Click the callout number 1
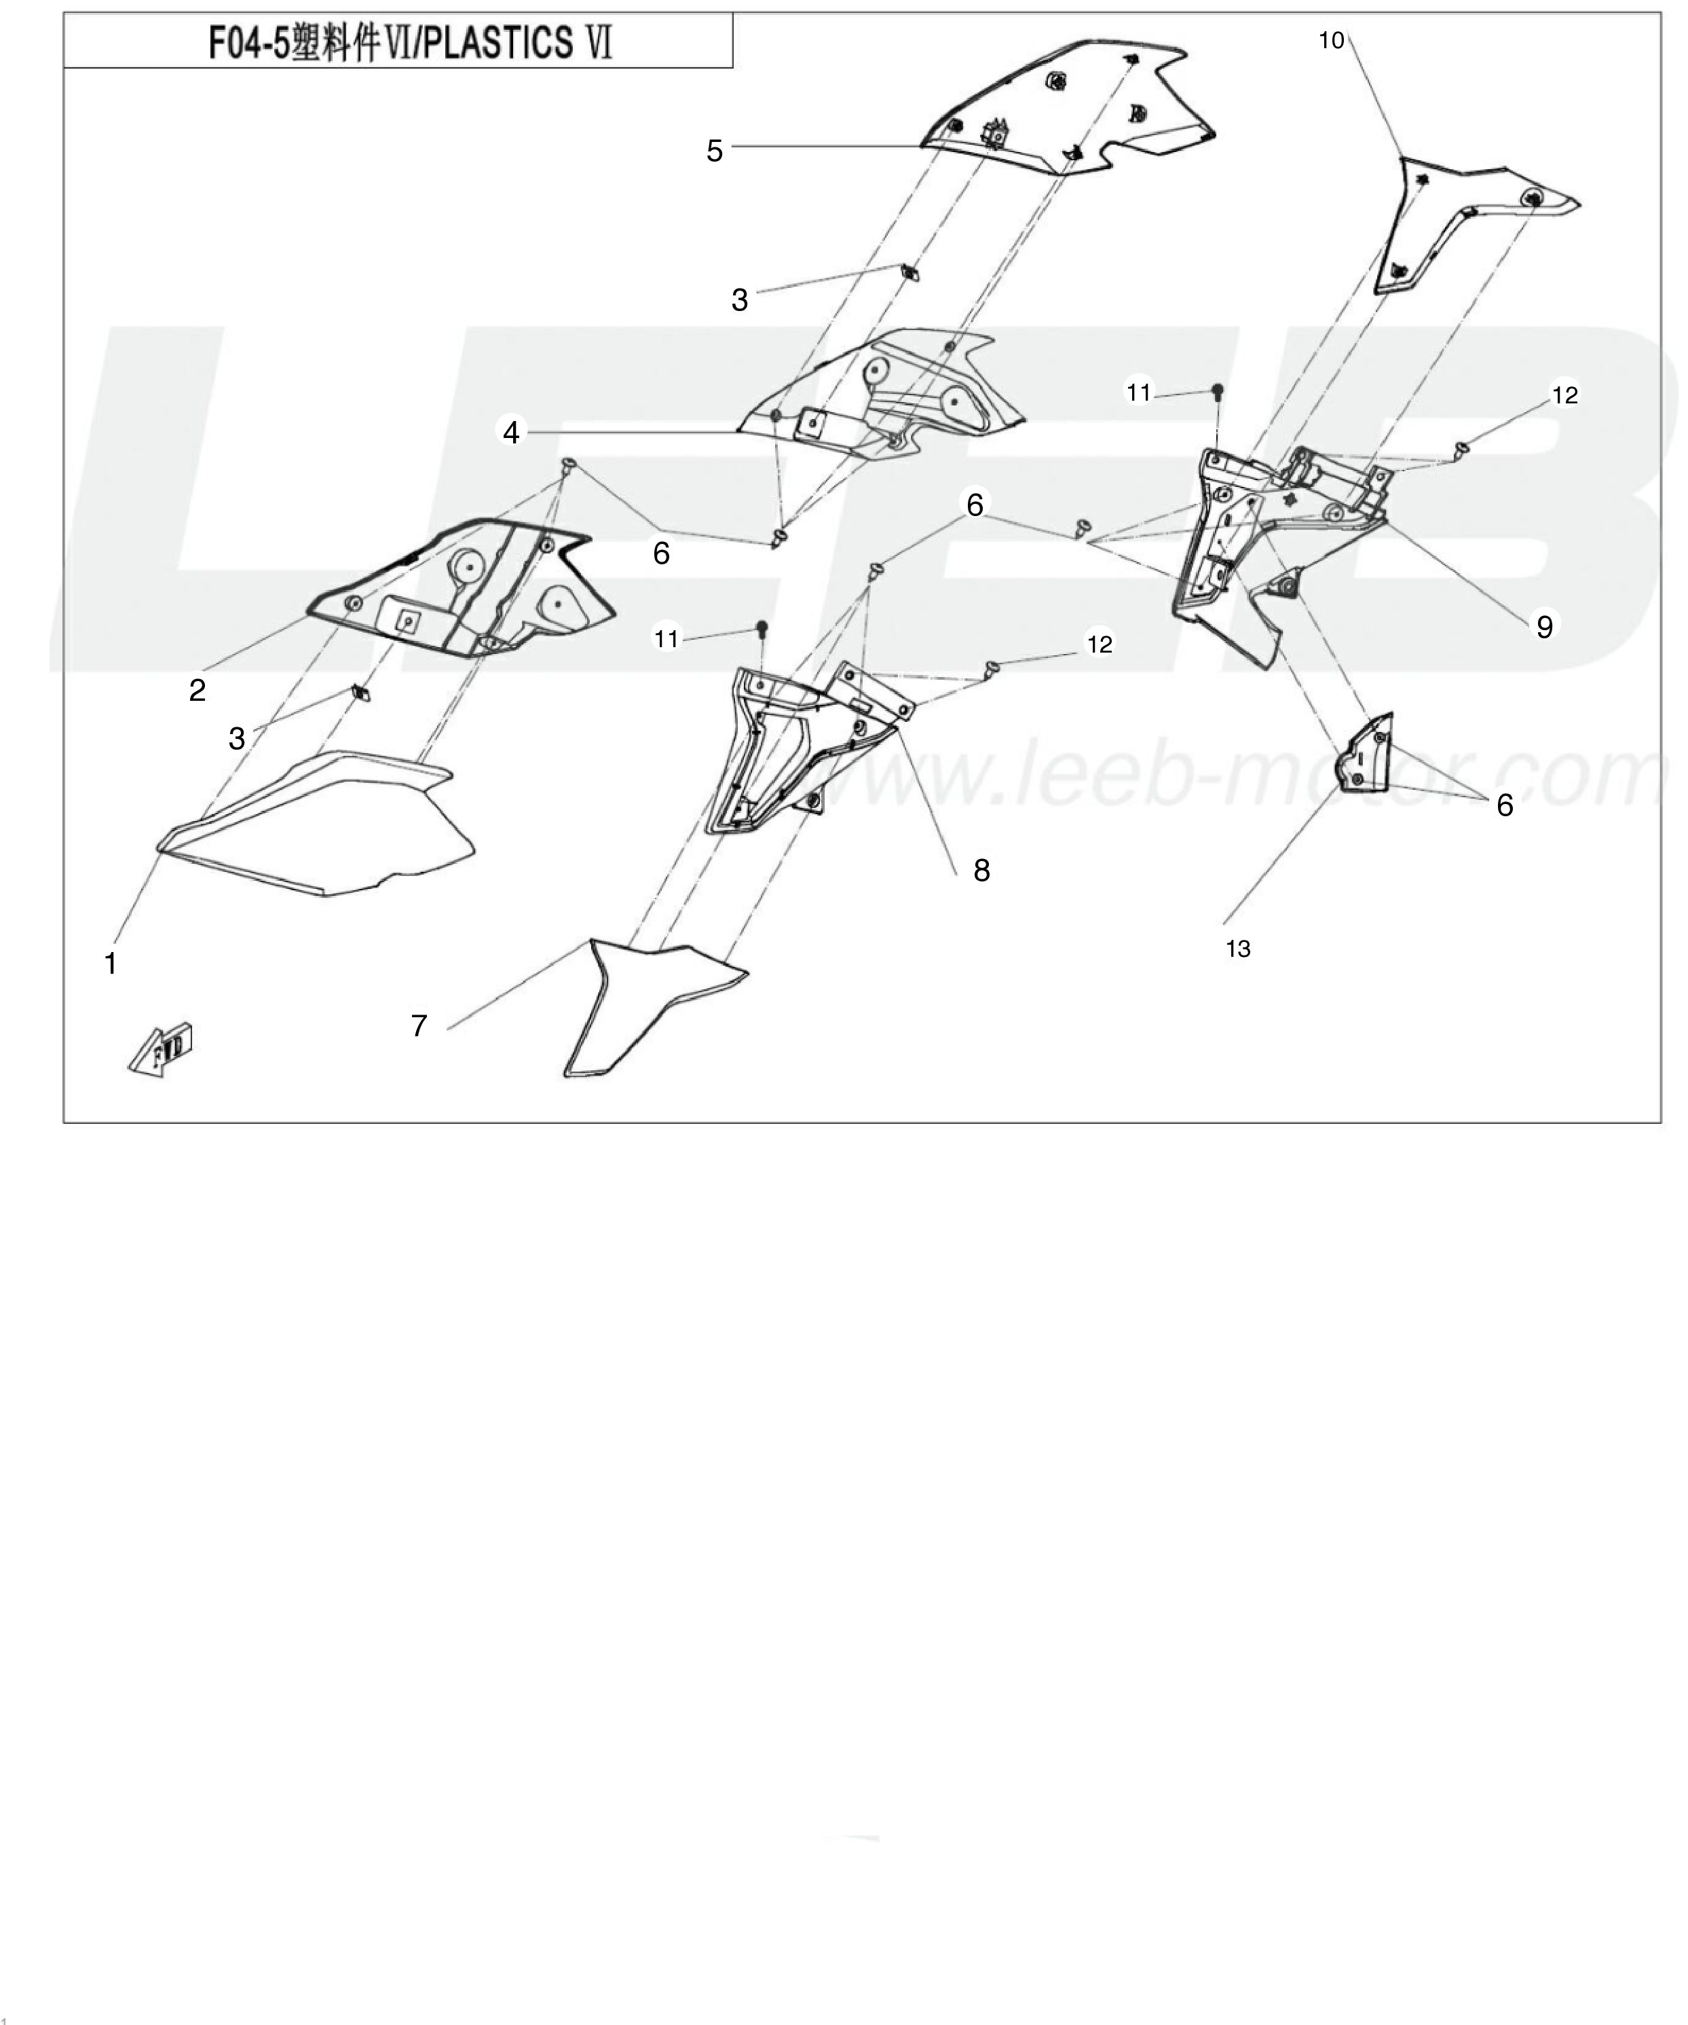tap(110, 962)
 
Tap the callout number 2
tap(198, 691)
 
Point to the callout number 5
tap(714, 151)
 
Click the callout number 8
tap(981, 871)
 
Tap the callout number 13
tap(1238, 949)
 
